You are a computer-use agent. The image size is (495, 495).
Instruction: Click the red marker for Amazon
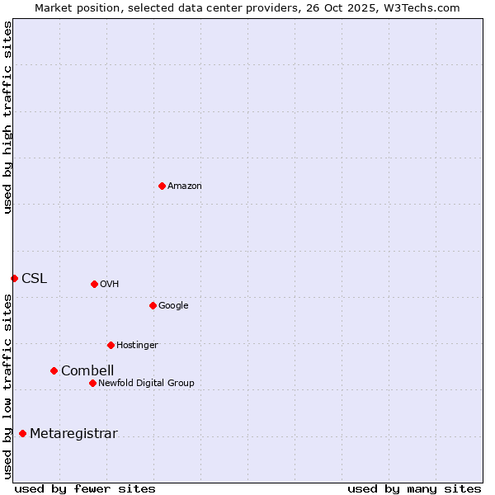[x=162, y=186]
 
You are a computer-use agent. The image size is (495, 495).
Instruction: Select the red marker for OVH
[x=94, y=284]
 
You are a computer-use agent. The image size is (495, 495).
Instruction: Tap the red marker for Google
[x=153, y=305]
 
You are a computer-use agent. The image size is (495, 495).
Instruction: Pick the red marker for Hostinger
[x=111, y=345]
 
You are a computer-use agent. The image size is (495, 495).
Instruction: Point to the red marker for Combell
[x=54, y=370]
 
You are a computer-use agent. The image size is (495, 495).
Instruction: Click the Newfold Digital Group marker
[x=92, y=383]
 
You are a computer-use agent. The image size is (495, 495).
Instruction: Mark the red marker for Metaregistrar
[x=22, y=433]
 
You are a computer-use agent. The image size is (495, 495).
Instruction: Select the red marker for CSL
[x=14, y=278]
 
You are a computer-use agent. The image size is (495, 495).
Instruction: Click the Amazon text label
[x=185, y=186]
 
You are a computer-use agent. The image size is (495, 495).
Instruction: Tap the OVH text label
[x=110, y=285]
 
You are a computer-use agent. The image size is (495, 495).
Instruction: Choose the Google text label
[x=173, y=306]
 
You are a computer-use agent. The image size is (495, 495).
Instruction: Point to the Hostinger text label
[x=137, y=346]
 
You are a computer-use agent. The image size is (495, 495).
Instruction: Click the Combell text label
[x=87, y=371]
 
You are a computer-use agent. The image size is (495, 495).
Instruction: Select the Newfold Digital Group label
[x=146, y=384]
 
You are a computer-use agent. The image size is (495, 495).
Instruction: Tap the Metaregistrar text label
[x=73, y=434]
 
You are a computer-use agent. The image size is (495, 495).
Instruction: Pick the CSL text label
[x=35, y=279]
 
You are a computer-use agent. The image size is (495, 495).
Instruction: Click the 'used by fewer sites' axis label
[x=85, y=488]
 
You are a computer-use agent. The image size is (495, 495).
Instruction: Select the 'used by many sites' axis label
[x=413, y=488]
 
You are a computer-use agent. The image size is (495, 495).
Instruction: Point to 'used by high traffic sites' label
[x=7, y=117]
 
